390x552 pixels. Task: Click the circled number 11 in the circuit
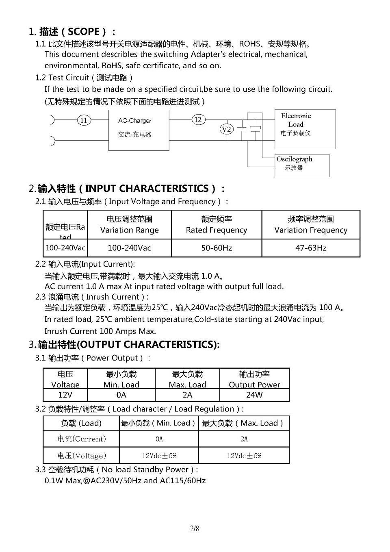(84, 120)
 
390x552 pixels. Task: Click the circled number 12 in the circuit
(198, 120)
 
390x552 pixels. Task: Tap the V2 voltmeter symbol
(227, 129)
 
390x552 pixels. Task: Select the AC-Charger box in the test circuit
(139, 130)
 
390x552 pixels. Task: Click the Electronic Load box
(305, 128)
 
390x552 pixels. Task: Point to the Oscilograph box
(302, 165)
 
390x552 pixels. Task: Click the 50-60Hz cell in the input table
(217, 248)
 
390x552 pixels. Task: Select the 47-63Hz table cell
(311, 248)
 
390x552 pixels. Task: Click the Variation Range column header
(129, 225)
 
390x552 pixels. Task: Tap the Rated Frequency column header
(217, 225)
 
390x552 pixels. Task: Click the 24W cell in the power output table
(254, 395)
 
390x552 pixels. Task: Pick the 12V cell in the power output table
(65, 395)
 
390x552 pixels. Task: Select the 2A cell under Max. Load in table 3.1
(187, 395)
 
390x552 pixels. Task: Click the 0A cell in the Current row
(159, 439)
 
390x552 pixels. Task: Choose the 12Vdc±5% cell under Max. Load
(244, 456)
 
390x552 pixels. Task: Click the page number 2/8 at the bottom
(195, 528)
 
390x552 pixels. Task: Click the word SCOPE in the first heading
(84, 32)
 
